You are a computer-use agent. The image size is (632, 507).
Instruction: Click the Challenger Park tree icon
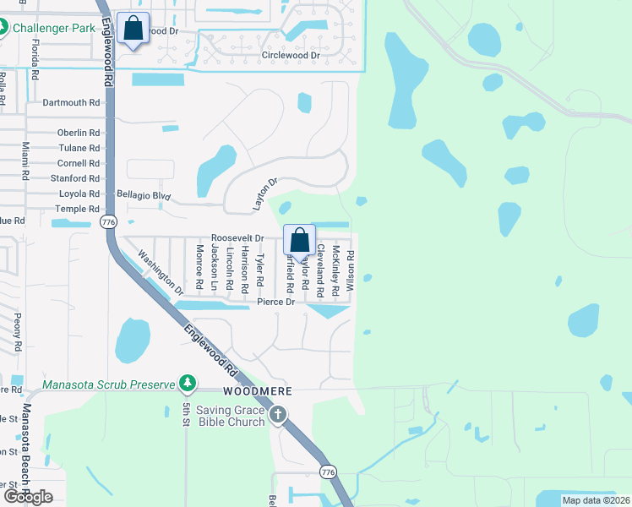click(x=6, y=27)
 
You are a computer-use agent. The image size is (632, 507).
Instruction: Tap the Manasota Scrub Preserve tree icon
click(x=188, y=384)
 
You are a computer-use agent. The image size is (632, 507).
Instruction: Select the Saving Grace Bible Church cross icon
click(x=278, y=415)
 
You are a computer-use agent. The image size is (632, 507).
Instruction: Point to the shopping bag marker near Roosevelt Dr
click(x=300, y=240)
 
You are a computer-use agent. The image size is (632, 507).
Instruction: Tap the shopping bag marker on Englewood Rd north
click(x=133, y=29)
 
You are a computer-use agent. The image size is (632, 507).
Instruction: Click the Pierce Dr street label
click(x=275, y=302)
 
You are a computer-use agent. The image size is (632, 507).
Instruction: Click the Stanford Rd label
click(x=75, y=178)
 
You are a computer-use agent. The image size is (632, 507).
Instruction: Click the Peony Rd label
click(x=17, y=332)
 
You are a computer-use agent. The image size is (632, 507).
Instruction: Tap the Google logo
click(x=27, y=497)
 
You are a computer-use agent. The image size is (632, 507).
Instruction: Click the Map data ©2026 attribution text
click(x=596, y=500)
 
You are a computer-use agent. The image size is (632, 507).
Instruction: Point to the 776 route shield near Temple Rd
click(x=107, y=221)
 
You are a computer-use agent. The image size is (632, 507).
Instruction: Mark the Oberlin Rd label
click(x=79, y=133)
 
